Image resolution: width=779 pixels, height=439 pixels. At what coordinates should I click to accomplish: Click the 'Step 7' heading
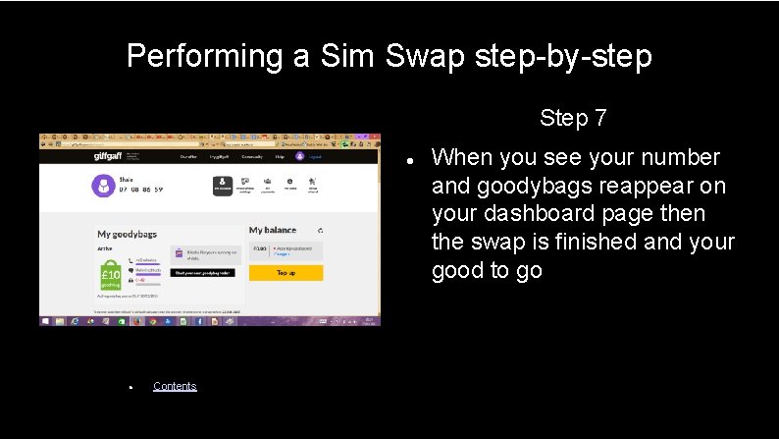point(573,119)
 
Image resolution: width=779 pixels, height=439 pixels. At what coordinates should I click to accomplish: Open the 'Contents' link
point(175,386)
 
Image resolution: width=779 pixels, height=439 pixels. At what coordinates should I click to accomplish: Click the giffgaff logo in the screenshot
point(109,156)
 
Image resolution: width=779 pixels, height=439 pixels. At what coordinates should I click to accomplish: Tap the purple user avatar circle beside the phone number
point(104,185)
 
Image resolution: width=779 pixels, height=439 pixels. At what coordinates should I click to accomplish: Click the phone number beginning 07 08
point(141,190)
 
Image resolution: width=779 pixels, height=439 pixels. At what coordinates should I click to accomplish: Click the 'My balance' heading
point(273,230)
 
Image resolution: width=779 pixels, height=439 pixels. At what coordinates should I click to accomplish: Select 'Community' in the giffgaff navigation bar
point(252,156)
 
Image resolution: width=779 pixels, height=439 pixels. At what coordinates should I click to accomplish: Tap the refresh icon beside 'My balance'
point(320,231)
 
